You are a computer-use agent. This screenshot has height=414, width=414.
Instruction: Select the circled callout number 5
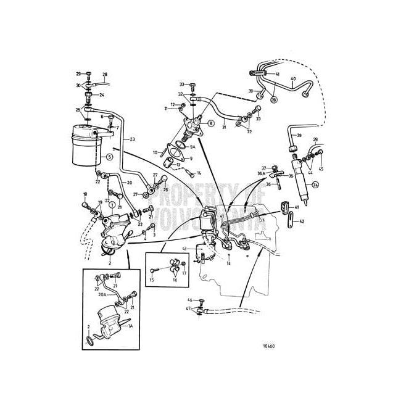tap(109, 157)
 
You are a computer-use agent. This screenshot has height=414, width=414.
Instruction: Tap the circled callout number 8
tap(211, 123)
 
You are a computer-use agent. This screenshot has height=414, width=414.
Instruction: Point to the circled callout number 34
tap(316, 184)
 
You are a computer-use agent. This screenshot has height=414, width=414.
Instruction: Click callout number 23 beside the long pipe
tap(132, 139)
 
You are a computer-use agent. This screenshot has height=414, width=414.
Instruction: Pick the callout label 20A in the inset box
tap(103, 295)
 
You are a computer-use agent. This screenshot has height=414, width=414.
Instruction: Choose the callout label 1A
tap(130, 326)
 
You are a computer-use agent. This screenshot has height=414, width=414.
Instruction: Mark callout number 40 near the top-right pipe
tap(293, 78)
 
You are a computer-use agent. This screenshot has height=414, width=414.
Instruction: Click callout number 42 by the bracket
tap(302, 221)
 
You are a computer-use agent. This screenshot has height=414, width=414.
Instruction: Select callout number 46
tap(191, 299)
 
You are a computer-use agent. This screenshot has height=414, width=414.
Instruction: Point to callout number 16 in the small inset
tap(175, 279)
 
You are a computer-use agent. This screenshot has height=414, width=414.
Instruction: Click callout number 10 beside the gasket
tap(156, 152)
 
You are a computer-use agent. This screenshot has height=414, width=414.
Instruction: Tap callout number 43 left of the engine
tap(184, 249)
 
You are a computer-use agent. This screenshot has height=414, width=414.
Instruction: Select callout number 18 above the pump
tap(85, 194)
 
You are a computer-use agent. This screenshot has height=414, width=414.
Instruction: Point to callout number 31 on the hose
tap(224, 128)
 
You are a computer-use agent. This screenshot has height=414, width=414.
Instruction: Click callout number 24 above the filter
tap(102, 95)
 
